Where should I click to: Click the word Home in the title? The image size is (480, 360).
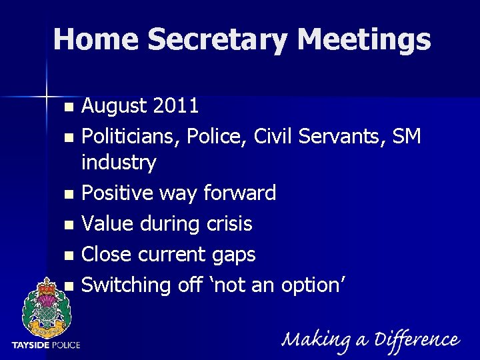[x=95, y=39]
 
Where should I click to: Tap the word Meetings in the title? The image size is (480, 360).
[x=364, y=39]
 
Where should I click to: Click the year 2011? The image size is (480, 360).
[x=175, y=105]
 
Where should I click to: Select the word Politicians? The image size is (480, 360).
[x=131, y=136]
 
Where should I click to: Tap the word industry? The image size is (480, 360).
[x=119, y=162]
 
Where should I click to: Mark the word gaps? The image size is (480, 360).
[x=233, y=254]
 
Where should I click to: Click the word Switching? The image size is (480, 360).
[x=127, y=285]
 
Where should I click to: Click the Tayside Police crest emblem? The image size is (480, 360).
[x=46, y=305]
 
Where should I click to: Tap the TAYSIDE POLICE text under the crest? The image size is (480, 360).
[x=46, y=345]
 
